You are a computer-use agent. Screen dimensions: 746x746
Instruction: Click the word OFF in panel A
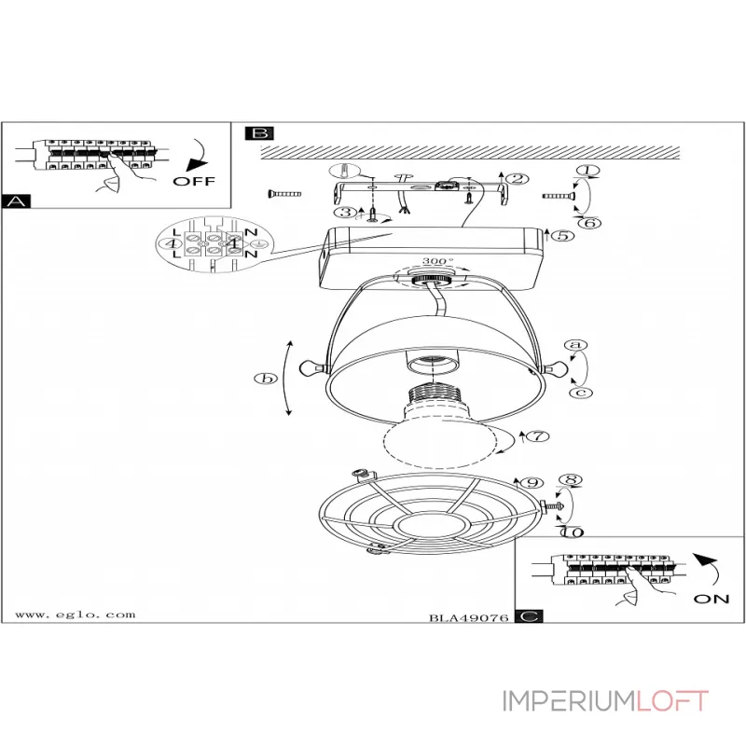click(194, 181)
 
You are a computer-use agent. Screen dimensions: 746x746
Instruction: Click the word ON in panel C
click(711, 599)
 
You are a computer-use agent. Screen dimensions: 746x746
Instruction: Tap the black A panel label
click(16, 201)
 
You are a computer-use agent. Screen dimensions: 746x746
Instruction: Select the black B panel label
click(260, 133)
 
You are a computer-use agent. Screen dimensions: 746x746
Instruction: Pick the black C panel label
click(529, 616)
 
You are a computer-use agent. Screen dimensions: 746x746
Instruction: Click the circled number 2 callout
click(518, 179)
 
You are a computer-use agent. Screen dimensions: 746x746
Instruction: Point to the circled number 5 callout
click(563, 235)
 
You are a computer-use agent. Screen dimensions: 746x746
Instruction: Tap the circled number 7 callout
click(538, 435)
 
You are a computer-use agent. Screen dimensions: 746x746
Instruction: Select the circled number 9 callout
click(532, 483)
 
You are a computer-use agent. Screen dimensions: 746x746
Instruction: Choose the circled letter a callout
click(575, 345)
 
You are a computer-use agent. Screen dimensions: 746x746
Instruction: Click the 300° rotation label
click(437, 261)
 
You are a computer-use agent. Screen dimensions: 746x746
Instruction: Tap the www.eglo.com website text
click(76, 615)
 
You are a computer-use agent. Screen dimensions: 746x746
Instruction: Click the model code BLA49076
click(469, 618)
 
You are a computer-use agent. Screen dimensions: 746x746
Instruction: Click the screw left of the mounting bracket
click(284, 194)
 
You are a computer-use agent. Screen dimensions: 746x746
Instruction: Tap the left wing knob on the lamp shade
click(311, 367)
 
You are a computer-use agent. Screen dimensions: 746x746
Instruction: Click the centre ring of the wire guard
click(431, 527)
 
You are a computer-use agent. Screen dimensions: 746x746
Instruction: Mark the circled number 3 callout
click(345, 213)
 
